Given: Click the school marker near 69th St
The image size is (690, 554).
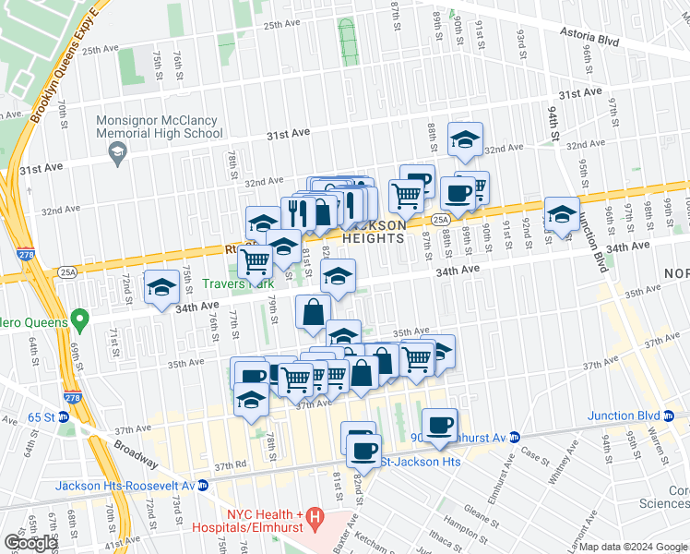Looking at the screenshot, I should point(161,287).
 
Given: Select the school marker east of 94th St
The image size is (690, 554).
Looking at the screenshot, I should point(561,214).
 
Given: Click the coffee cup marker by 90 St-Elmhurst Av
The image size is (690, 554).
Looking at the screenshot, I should point(440,423).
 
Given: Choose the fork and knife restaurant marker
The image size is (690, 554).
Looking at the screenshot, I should point(295,212).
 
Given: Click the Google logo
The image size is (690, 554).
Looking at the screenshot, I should point(30,543).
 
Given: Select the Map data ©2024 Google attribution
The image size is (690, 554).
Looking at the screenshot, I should point(633,547).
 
